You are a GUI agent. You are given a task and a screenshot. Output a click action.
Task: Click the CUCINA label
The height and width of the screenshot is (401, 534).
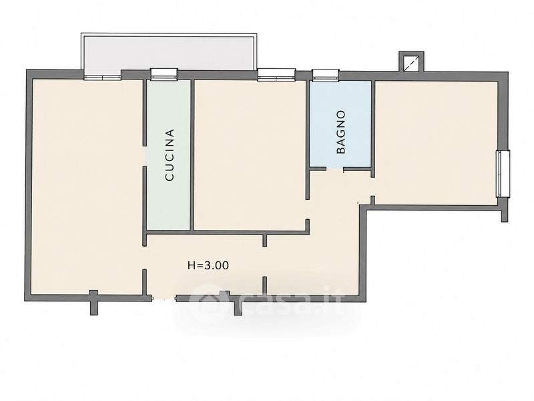pos(170,155)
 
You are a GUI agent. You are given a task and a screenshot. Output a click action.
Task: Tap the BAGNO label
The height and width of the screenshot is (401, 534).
pos(340,132)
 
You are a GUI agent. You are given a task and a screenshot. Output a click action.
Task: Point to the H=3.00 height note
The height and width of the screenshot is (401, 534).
pos(208,265)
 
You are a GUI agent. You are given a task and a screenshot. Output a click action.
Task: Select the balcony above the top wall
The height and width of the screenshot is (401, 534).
pos(169,52)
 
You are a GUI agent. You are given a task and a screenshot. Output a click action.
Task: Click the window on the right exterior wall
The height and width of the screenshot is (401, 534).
pos(503,174)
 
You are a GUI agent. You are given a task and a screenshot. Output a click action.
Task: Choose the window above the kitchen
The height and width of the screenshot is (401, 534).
pos(164,74)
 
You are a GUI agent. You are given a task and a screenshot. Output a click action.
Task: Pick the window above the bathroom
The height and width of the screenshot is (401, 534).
pos(326,75)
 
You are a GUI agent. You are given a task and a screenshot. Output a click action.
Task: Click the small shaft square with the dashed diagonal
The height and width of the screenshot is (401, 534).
pos(411,62)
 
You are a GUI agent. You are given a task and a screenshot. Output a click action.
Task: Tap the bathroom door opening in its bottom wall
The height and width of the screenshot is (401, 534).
pos(335,169)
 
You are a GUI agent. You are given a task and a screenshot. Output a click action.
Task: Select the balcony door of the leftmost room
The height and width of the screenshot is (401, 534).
pos(103,76)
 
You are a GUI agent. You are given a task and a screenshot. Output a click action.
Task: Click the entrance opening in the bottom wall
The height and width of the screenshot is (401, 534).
pos(164,299)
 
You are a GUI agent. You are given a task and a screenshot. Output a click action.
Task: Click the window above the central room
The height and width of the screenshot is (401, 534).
pos(276,75)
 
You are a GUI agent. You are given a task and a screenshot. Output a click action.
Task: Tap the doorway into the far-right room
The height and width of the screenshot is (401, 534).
pos(372,187)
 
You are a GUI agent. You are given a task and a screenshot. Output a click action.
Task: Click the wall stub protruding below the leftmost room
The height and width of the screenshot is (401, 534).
pos(93,303)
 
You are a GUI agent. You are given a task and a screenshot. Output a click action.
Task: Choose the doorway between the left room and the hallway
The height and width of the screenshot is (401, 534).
pos(145,257)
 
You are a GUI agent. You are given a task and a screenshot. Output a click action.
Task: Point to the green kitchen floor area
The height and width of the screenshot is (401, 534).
pos(169,155)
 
